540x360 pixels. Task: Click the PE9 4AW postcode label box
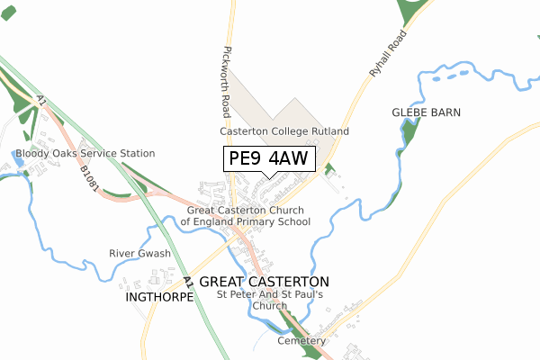[268, 158]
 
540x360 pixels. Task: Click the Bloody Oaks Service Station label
[85, 154]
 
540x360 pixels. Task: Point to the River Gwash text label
[139, 254]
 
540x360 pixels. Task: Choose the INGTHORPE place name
[159, 296]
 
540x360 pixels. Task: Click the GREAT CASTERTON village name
[264, 282]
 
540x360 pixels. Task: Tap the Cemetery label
[301, 341]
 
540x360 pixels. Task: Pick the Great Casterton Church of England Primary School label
[246, 215]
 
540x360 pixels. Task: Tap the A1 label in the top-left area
[41, 102]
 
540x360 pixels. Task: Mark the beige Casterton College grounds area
[270, 108]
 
